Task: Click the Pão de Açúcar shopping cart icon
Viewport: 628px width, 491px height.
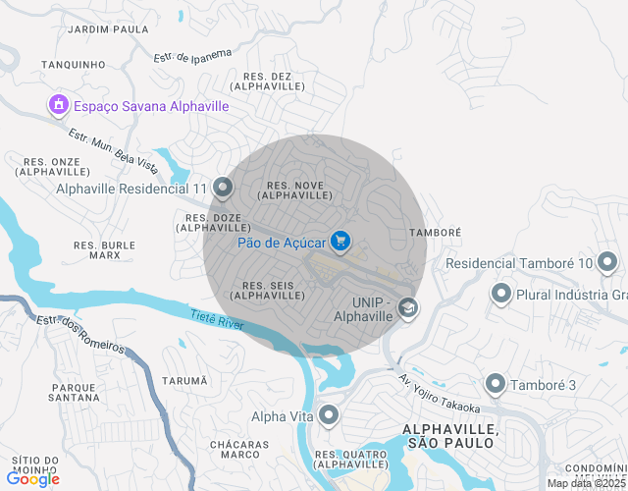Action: pyautogui.click(x=340, y=240)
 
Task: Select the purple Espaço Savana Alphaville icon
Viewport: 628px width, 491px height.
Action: pyautogui.click(x=57, y=105)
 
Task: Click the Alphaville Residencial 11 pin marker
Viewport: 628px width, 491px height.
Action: pyautogui.click(x=223, y=188)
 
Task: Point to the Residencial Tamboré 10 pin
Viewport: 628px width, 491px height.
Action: pyautogui.click(x=608, y=262)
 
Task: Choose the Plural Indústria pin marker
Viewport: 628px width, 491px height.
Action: pyautogui.click(x=501, y=294)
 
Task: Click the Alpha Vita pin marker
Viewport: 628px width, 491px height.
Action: pyautogui.click(x=329, y=416)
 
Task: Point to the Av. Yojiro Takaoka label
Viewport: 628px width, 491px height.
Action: pyautogui.click(x=439, y=394)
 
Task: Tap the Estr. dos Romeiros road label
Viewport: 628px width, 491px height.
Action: pyautogui.click(x=80, y=334)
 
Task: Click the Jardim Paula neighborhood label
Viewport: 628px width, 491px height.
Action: pyautogui.click(x=108, y=29)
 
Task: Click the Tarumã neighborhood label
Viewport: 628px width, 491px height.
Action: pyautogui.click(x=184, y=381)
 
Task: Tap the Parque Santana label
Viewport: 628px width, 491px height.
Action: pyautogui.click(x=74, y=393)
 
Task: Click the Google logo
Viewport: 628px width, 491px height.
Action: pyautogui.click(x=32, y=479)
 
